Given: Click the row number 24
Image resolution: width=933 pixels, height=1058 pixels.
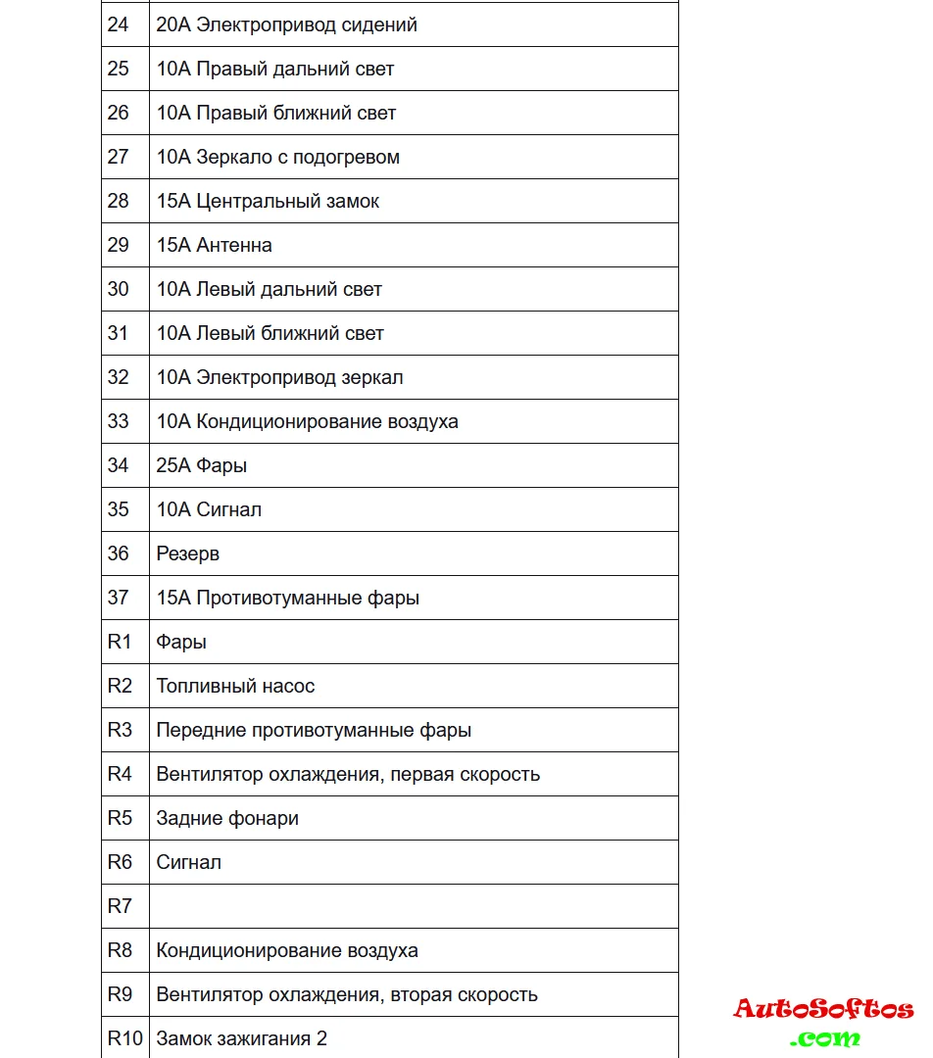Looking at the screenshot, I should click(119, 24).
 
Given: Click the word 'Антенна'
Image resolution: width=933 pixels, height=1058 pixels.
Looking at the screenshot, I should click(234, 245).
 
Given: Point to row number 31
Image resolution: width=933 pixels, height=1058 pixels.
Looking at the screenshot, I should click(119, 333).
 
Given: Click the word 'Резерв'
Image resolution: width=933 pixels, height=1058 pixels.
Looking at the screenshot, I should click(188, 553).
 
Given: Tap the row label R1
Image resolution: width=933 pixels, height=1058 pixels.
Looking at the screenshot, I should click(119, 642).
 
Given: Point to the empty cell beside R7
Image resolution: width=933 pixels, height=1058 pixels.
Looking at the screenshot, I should click(413, 906).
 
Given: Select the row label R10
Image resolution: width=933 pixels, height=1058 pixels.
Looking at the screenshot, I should click(124, 1038).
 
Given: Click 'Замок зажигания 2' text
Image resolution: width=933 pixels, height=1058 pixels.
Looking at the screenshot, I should click(242, 1038).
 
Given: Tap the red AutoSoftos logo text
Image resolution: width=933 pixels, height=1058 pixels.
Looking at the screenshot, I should click(823, 1009).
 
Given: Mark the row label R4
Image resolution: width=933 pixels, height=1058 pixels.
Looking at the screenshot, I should click(120, 774).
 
